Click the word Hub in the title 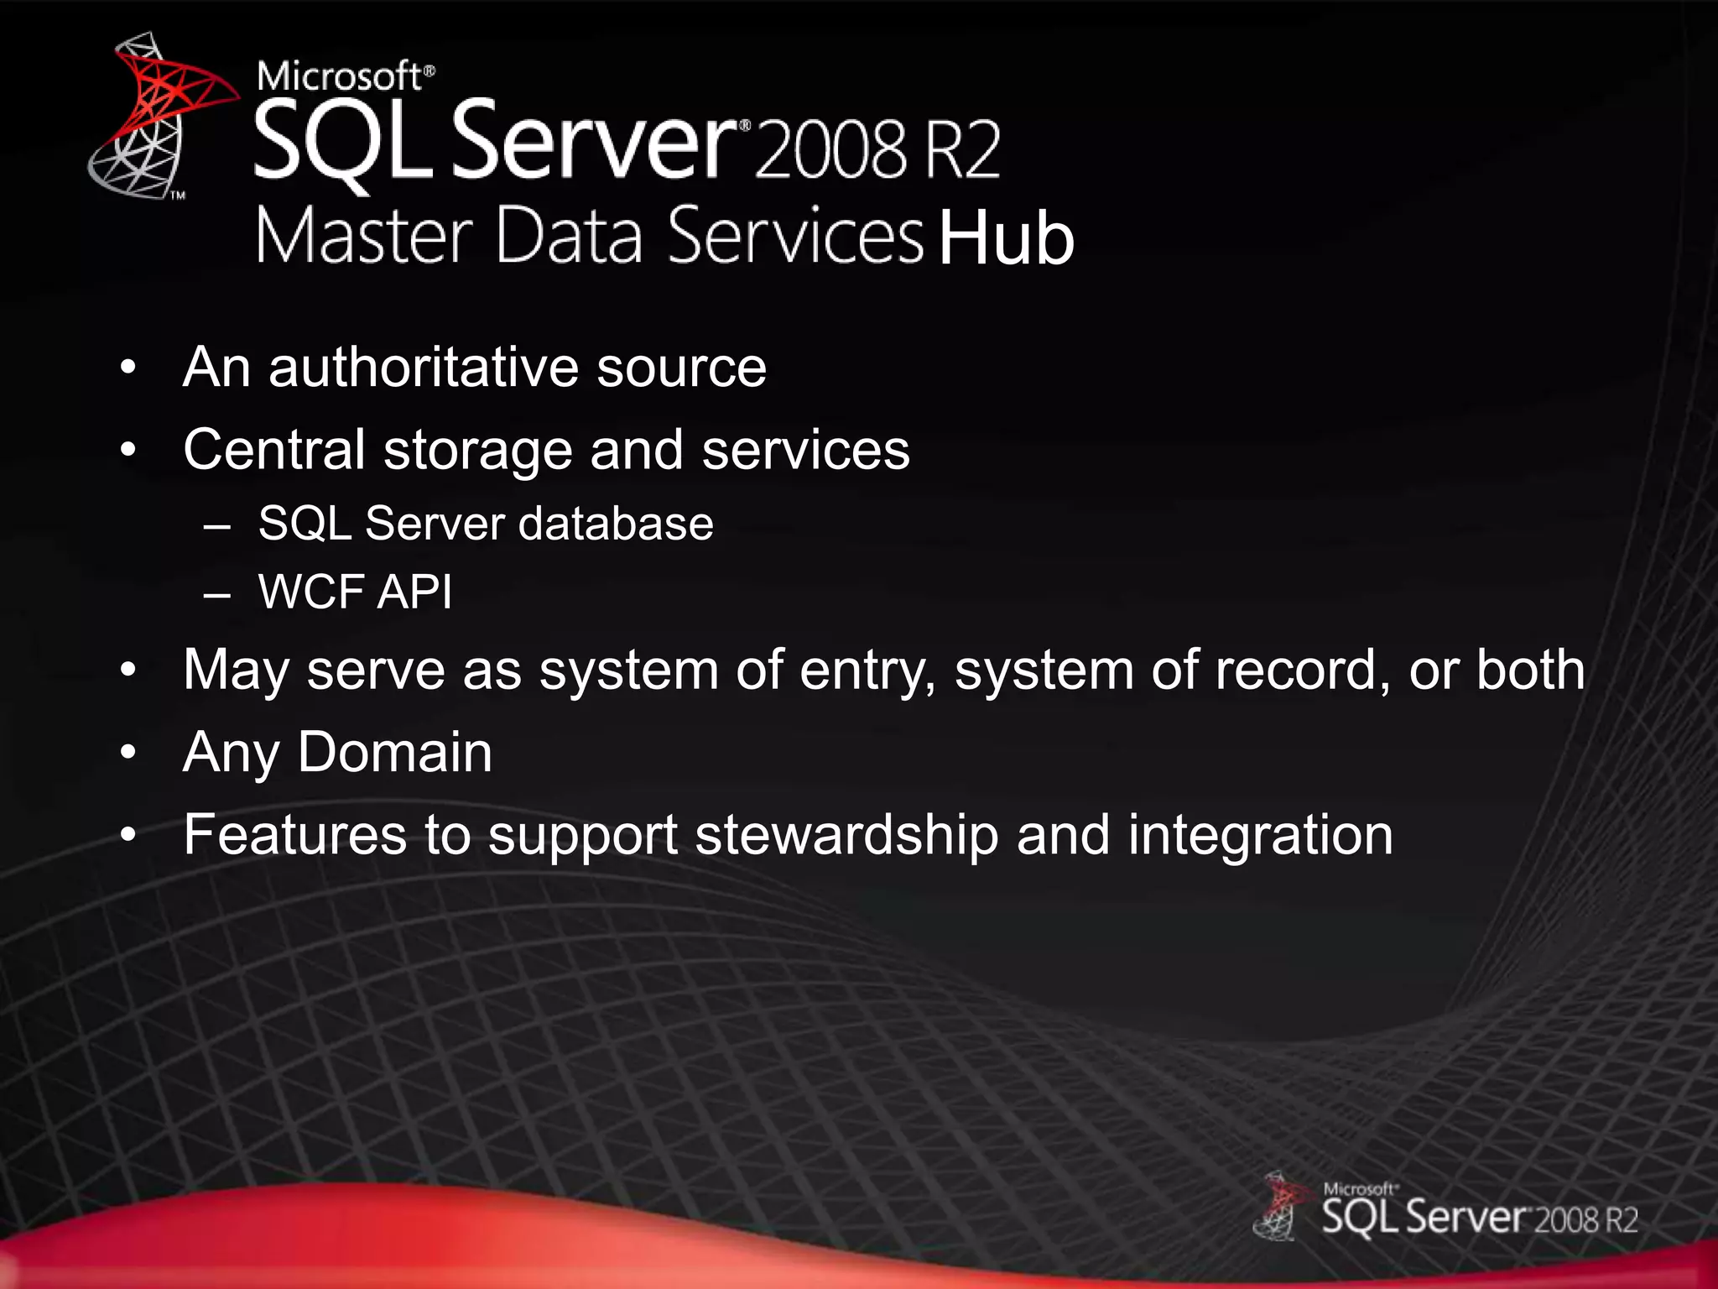1006,238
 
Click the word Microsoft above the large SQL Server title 340,76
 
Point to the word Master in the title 365,237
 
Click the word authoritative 423,368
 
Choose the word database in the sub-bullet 616,524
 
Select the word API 414,592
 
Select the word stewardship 846,835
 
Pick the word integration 1260,835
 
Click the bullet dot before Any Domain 128,753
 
